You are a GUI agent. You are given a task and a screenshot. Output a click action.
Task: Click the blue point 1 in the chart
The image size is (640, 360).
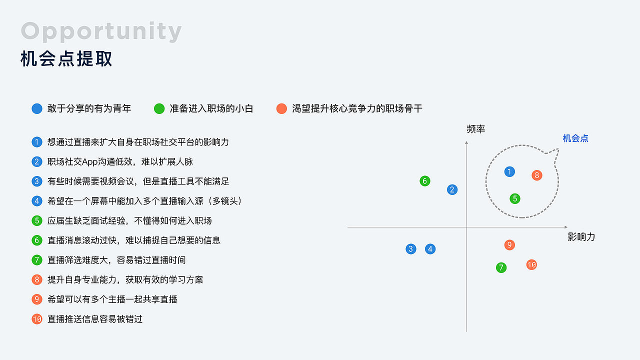[x=509, y=172]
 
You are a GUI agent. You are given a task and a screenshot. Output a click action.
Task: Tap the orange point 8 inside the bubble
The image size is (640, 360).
[x=536, y=175]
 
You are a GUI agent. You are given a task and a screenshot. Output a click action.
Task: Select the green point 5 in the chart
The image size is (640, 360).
[x=515, y=198]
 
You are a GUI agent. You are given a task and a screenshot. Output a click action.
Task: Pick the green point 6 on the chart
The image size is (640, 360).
[x=425, y=181]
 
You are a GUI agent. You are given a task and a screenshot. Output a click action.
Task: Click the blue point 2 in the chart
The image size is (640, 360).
[x=452, y=189]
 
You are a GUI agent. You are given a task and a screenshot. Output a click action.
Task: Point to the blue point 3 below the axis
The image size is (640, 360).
[x=411, y=249]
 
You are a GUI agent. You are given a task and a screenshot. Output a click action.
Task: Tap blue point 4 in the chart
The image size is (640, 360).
[x=430, y=249]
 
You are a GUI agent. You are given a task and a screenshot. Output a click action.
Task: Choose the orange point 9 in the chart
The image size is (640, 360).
[x=509, y=245]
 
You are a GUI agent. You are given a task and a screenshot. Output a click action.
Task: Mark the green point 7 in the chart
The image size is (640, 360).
[x=501, y=267]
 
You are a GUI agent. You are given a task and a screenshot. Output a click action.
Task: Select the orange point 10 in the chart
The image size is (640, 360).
[x=531, y=264]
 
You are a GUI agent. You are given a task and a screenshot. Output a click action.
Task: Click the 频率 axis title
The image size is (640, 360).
[x=475, y=129]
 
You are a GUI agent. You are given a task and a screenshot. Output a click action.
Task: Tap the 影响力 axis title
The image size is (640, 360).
[x=581, y=237]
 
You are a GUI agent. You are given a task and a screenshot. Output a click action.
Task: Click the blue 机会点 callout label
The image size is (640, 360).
[x=575, y=138]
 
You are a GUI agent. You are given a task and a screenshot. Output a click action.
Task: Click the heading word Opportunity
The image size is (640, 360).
[x=101, y=31]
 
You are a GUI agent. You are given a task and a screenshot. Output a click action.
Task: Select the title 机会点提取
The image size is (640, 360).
[x=66, y=59]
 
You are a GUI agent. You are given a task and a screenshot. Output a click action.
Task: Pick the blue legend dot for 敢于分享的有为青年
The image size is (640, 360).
[x=37, y=108]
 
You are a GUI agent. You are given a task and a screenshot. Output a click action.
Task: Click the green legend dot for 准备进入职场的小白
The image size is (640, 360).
[x=159, y=108]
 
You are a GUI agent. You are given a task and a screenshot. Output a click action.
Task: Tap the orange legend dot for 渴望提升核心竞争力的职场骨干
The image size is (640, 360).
[x=281, y=108]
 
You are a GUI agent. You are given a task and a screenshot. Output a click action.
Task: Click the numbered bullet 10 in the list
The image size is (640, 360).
[x=37, y=319]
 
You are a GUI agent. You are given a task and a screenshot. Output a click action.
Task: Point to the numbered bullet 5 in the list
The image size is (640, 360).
[x=37, y=220]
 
